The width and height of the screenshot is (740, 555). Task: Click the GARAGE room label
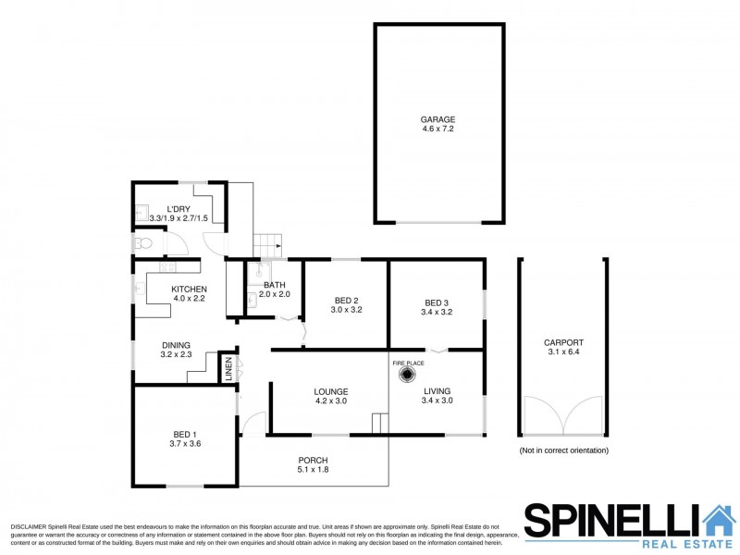[x=438, y=120]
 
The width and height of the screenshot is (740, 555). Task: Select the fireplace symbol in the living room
[x=408, y=376]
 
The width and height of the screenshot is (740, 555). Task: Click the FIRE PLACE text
[x=408, y=363]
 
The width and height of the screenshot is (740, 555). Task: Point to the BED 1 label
[x=184, y=435]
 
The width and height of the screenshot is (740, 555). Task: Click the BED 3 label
[x=437, y=302]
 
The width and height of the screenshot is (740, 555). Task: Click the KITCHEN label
[x=189, y=289]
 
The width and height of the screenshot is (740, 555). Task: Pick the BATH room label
[x=274, y=285]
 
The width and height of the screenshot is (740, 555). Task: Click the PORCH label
[x=313, y=460]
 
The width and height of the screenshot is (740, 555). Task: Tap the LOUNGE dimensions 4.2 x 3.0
[x=330, y=401]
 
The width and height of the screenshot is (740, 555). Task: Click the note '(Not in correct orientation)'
[x=563, y=450]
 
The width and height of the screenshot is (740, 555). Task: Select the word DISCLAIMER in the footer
[x=30, y=526]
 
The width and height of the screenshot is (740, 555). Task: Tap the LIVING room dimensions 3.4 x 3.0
[x=437, y=401]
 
